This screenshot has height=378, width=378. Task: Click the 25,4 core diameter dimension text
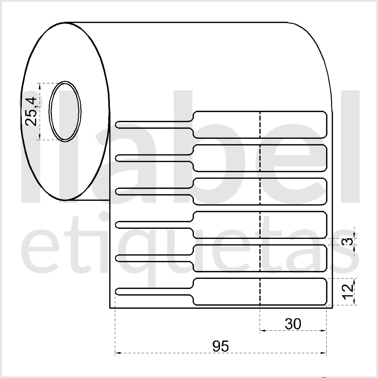pos(31,111)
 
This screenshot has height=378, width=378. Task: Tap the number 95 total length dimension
pos(220,346)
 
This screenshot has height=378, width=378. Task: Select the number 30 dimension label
pos(293,324)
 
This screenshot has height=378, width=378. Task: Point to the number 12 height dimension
pos(348,292)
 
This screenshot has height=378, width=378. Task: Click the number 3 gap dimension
pos(348,241)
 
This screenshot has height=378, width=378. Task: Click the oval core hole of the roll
pos(65,111)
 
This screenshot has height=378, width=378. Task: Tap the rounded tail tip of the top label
pos(117,125)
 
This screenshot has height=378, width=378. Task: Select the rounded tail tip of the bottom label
pos(117,292)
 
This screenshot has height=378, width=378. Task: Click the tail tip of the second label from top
pos(117,158)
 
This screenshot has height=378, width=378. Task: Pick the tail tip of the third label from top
pos(117,192)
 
